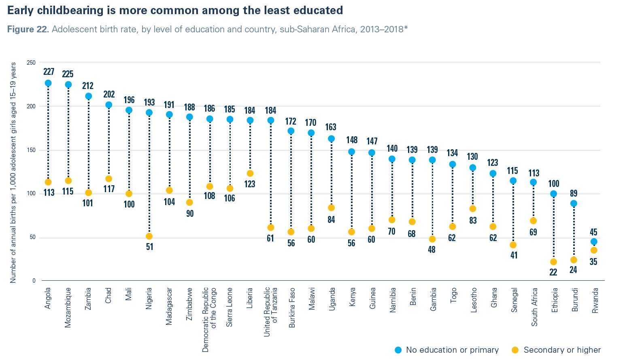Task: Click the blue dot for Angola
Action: tap(48, 83)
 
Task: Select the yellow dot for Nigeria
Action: tap(149, 236)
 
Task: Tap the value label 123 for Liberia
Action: tap(250, 184)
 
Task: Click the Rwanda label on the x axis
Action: tap(595, 300)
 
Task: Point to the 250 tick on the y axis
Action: tap(31, 63)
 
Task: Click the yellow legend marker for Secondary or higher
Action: tap(515, 350)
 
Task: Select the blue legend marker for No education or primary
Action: tap(398, 350)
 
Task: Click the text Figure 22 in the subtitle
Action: tap(28, 30)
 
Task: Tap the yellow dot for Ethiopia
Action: tap(553, 262)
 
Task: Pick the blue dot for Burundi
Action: tap(574, 203)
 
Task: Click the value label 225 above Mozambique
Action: tap(68, 74)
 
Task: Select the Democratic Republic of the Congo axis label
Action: tap(209, 320)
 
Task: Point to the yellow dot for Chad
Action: tap(108, 179)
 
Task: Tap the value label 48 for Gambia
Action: tap(432, 250)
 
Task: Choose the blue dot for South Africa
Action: tap(533, 182)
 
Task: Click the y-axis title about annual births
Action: tap(13, 172)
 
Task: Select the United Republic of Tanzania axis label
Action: tap(270, 311)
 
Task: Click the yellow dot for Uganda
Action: tap(331, 208)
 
